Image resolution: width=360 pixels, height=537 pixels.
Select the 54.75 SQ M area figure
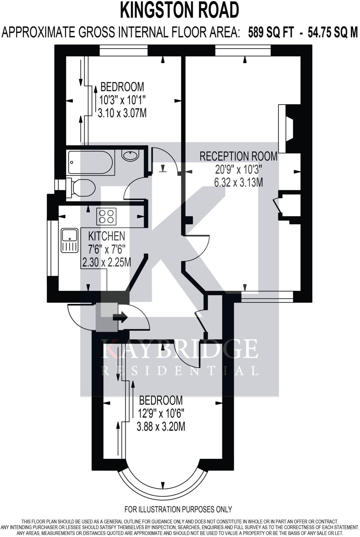pyautogui.click(x=332, y=33)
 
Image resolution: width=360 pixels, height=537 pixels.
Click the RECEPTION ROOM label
pyautogui.click(x=238, y=157)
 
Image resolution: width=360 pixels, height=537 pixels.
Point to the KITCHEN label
pyautogui.click(x=107, y=236)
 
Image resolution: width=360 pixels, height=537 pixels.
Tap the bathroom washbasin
pyautogui.click(x=130, y=155)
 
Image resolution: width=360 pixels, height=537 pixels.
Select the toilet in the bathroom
pyautogui.click(x=81, y=188)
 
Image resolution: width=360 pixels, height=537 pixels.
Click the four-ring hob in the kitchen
pyautogui.click(x=106, y=216)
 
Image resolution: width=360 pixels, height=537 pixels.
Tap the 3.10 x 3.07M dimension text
pyautogui.click(x=122, y=113)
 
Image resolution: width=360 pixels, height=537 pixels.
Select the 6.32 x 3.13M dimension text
pyautogui.click(x=238, y=182)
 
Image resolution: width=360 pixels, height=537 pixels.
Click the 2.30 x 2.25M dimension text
pyautogui.click(x=107, y=262)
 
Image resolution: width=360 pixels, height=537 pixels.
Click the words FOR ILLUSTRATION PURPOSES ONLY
pyautogui.click(x=178, y=509)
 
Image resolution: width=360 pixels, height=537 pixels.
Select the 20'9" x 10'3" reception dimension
pyautogui.click(x=238, y=170)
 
